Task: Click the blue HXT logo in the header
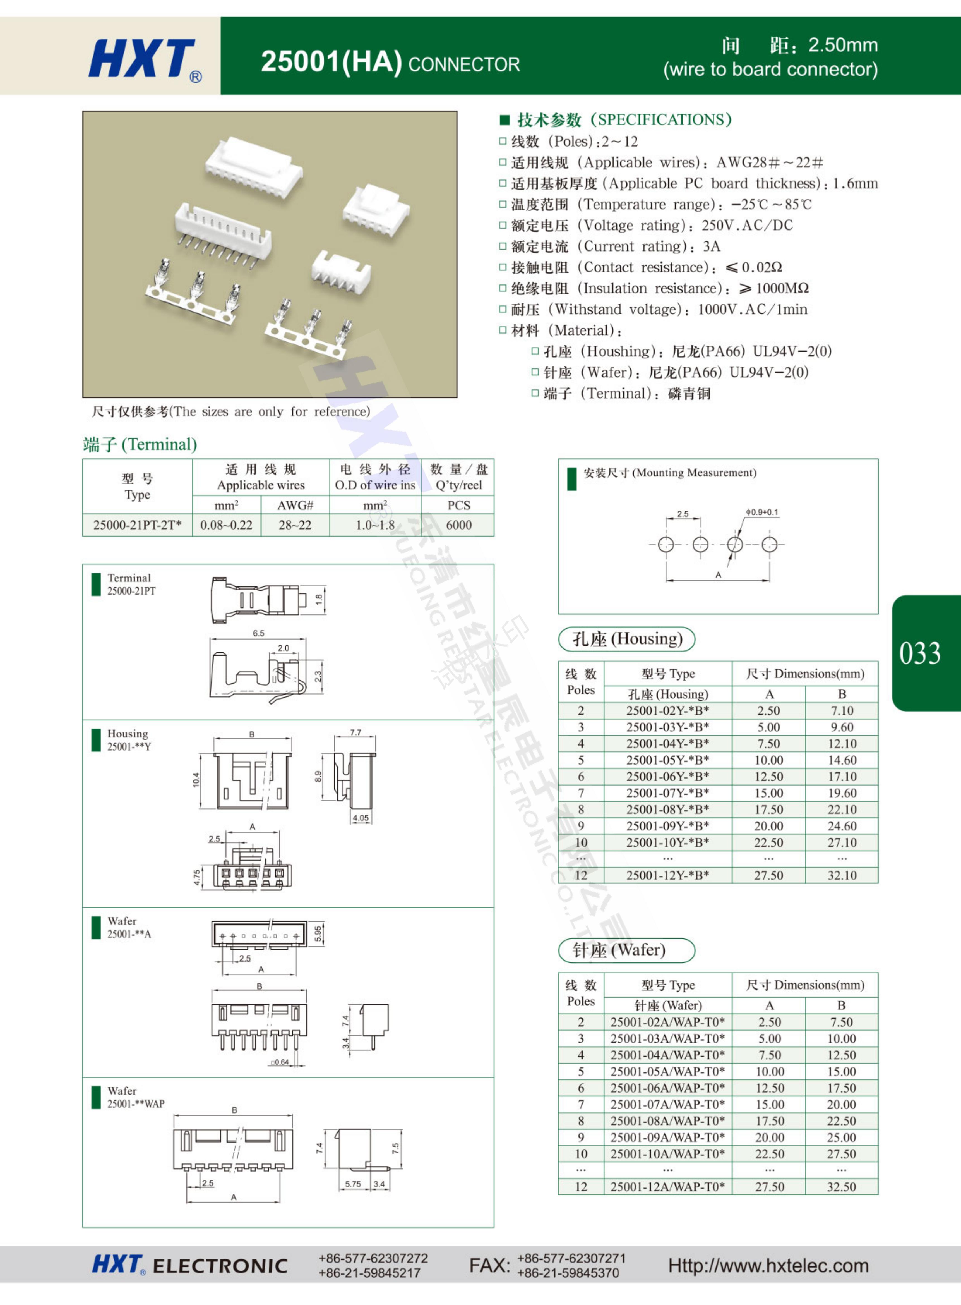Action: tap(141, 58)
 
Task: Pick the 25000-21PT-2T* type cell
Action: tap(137, 525)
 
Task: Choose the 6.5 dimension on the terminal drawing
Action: tap(258, 633)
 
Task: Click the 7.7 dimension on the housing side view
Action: tap(355, 732)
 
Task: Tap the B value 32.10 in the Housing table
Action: tap(842, 875)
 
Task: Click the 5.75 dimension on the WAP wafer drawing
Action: tap(352, 1183)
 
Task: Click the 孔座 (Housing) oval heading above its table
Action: tap(626, 639)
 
